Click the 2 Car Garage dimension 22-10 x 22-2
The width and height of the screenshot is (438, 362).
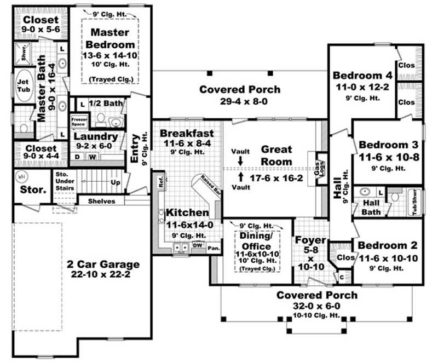[103, 275]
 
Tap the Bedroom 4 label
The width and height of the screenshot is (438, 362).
[362, 75]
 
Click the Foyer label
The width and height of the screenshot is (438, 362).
[311, 240]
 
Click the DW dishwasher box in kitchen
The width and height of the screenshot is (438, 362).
[197, 245]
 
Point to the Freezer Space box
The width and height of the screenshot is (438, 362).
[77, 120]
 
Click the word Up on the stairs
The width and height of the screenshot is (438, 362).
[116, 181]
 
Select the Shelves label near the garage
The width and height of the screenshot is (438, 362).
[102, 201]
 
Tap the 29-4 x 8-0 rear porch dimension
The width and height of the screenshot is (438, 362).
[240, 101]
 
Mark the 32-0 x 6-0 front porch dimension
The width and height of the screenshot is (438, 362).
[316, 307]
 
